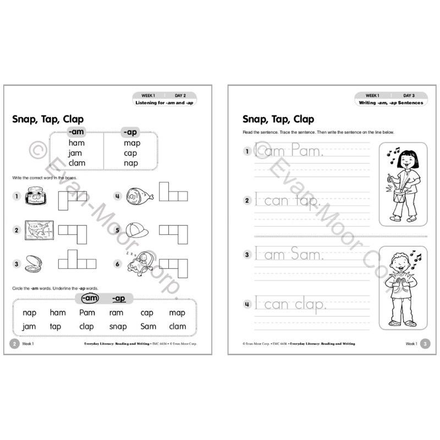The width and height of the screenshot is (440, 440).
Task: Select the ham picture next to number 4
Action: point(136,195)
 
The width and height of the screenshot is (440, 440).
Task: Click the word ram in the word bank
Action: point(116,312)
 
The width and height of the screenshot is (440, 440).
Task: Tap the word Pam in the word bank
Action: point(87,312)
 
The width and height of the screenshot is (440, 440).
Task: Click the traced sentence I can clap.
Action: point(291,304)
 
